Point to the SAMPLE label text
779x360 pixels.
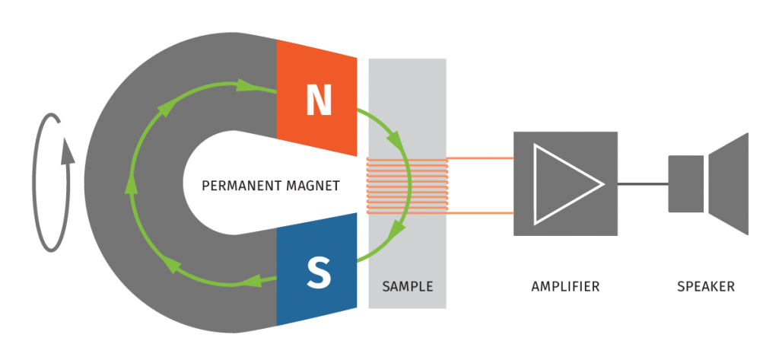coord(407,287)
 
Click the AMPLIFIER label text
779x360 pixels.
coord(565,287)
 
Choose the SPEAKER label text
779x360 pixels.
coord(706,287)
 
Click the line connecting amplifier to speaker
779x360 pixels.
coord(643,183)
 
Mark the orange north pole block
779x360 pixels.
coord(316,76)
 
